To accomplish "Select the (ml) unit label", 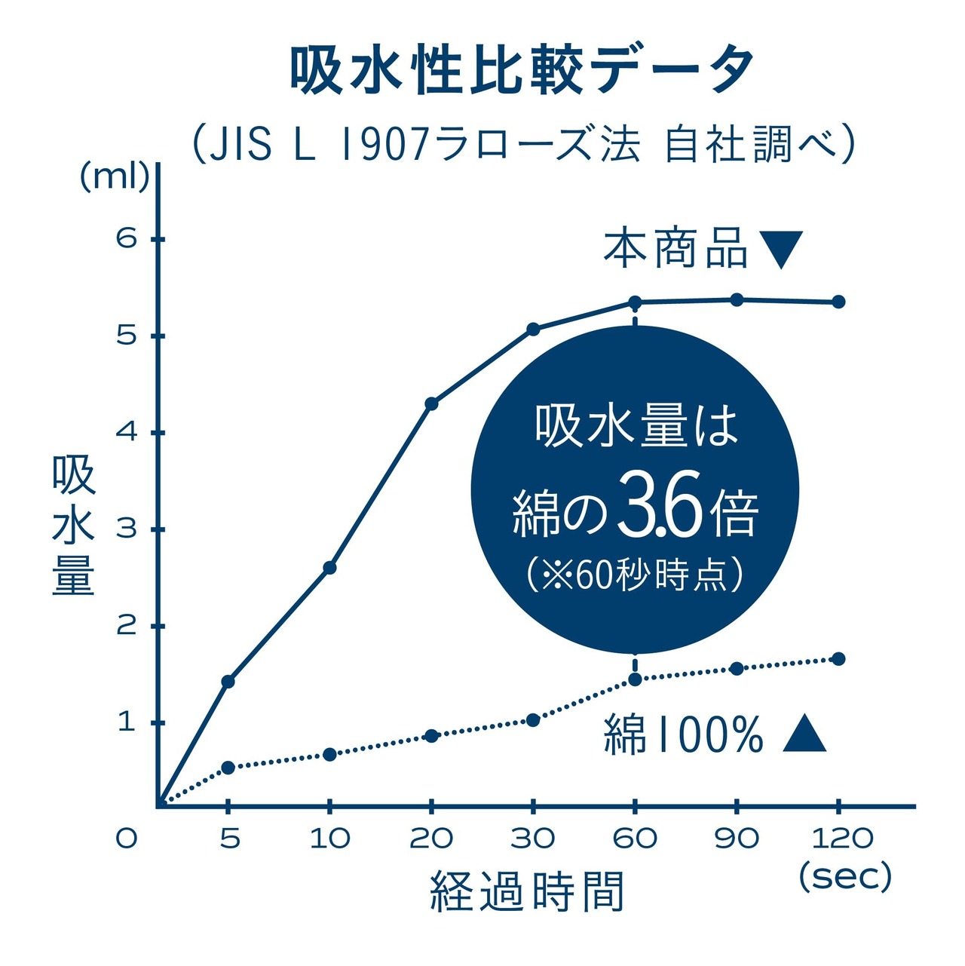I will [x=115, y=178].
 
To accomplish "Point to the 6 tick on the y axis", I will [x=127, y=239].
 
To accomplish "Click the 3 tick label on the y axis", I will [x=127, y=529].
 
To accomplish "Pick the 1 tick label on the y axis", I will [x=127, y=722].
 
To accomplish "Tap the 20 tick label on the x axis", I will [x=431, y=838].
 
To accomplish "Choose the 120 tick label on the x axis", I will [x=838, y=838].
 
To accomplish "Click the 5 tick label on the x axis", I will [x=229, y=838].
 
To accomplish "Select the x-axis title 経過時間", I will [x=527, y=891].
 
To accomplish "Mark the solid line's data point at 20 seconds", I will [x=431, y=403].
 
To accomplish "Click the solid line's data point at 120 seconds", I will [x=838, y=302].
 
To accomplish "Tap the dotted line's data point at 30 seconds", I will [x=533, y=720].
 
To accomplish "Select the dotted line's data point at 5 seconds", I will [x=228, y=768].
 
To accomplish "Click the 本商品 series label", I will [x=675, y=249].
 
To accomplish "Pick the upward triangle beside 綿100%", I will [x=804, y=734].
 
